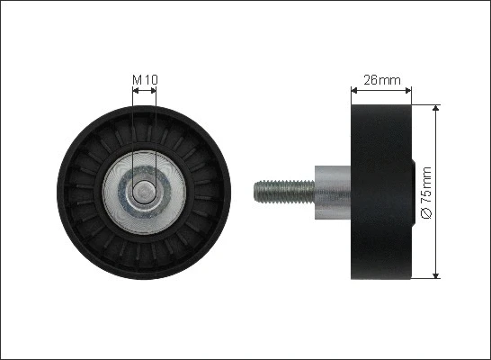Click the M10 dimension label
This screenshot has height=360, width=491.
[x=145, y=79]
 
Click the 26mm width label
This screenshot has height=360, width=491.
[x=382, y=80]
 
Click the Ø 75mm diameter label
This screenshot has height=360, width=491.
[x=426, y=193]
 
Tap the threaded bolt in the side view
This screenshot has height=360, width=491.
[x=284, y=192]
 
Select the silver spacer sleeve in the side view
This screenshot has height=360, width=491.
[x=333, y=193]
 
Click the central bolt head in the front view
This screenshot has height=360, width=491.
[x=144, y=192]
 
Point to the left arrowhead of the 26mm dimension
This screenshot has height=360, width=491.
[x=354, y=91]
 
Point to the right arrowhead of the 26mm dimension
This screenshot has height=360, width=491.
[x=408, y=91]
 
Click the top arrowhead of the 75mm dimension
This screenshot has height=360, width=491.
[x=435, y=108]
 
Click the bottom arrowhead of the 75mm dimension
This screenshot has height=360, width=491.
[x=435, y=275]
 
